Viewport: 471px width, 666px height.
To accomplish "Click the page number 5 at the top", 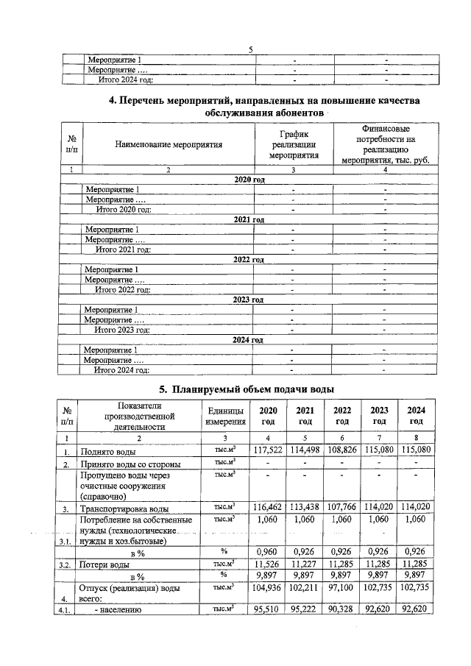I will (250, 49).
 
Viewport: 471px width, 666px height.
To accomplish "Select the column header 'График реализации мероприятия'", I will (293, 145).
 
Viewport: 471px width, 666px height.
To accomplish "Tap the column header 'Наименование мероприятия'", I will (169, 145).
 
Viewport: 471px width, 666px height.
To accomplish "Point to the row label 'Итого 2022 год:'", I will (123, 290).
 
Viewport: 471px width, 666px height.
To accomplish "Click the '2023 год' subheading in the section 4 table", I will (248, 300).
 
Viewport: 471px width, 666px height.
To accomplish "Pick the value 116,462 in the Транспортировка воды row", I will (267, 507).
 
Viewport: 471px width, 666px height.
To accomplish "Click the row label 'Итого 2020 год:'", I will (123, 210).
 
